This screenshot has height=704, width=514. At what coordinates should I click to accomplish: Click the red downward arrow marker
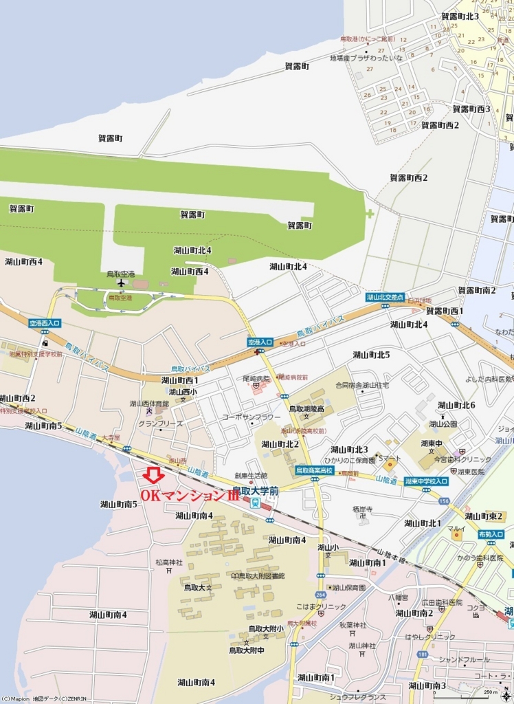pyautogui.click(x=153, y=474)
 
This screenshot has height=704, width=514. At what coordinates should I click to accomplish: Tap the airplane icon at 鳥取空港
pyautogui.click(x=122, y=283)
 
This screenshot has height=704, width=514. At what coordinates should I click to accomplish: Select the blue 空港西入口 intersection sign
pyautogui.click(x=45, y=322)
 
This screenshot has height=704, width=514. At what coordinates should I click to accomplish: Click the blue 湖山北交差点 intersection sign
pyautogui.click(x=385, y=296)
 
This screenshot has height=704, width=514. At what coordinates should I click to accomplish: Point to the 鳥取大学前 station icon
pyautogui.click(x=255, y=503)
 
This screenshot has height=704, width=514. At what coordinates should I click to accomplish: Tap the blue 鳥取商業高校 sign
pyautogui.click(x=314, y=471)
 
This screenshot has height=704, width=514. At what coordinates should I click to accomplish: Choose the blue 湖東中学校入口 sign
pyautogui.click(x=427, y=481)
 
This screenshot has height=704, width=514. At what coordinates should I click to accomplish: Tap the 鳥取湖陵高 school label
pyautogui.click(x=306, y=408)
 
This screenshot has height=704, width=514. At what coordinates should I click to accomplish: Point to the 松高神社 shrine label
pyautogui.click(x=169, y=562)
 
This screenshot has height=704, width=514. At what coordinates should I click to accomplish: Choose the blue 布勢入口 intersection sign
pyautogui.click(x=491, y=533)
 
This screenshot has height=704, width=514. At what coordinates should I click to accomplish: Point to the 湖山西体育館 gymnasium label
pyautogui.click(x=149, y=404)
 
